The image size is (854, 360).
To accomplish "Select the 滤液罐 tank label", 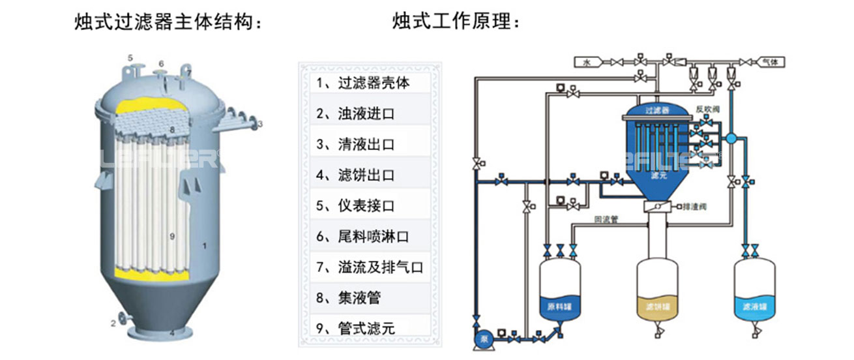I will click(x=754, y=305).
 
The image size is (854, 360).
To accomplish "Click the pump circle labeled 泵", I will click(x=483, y=339).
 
